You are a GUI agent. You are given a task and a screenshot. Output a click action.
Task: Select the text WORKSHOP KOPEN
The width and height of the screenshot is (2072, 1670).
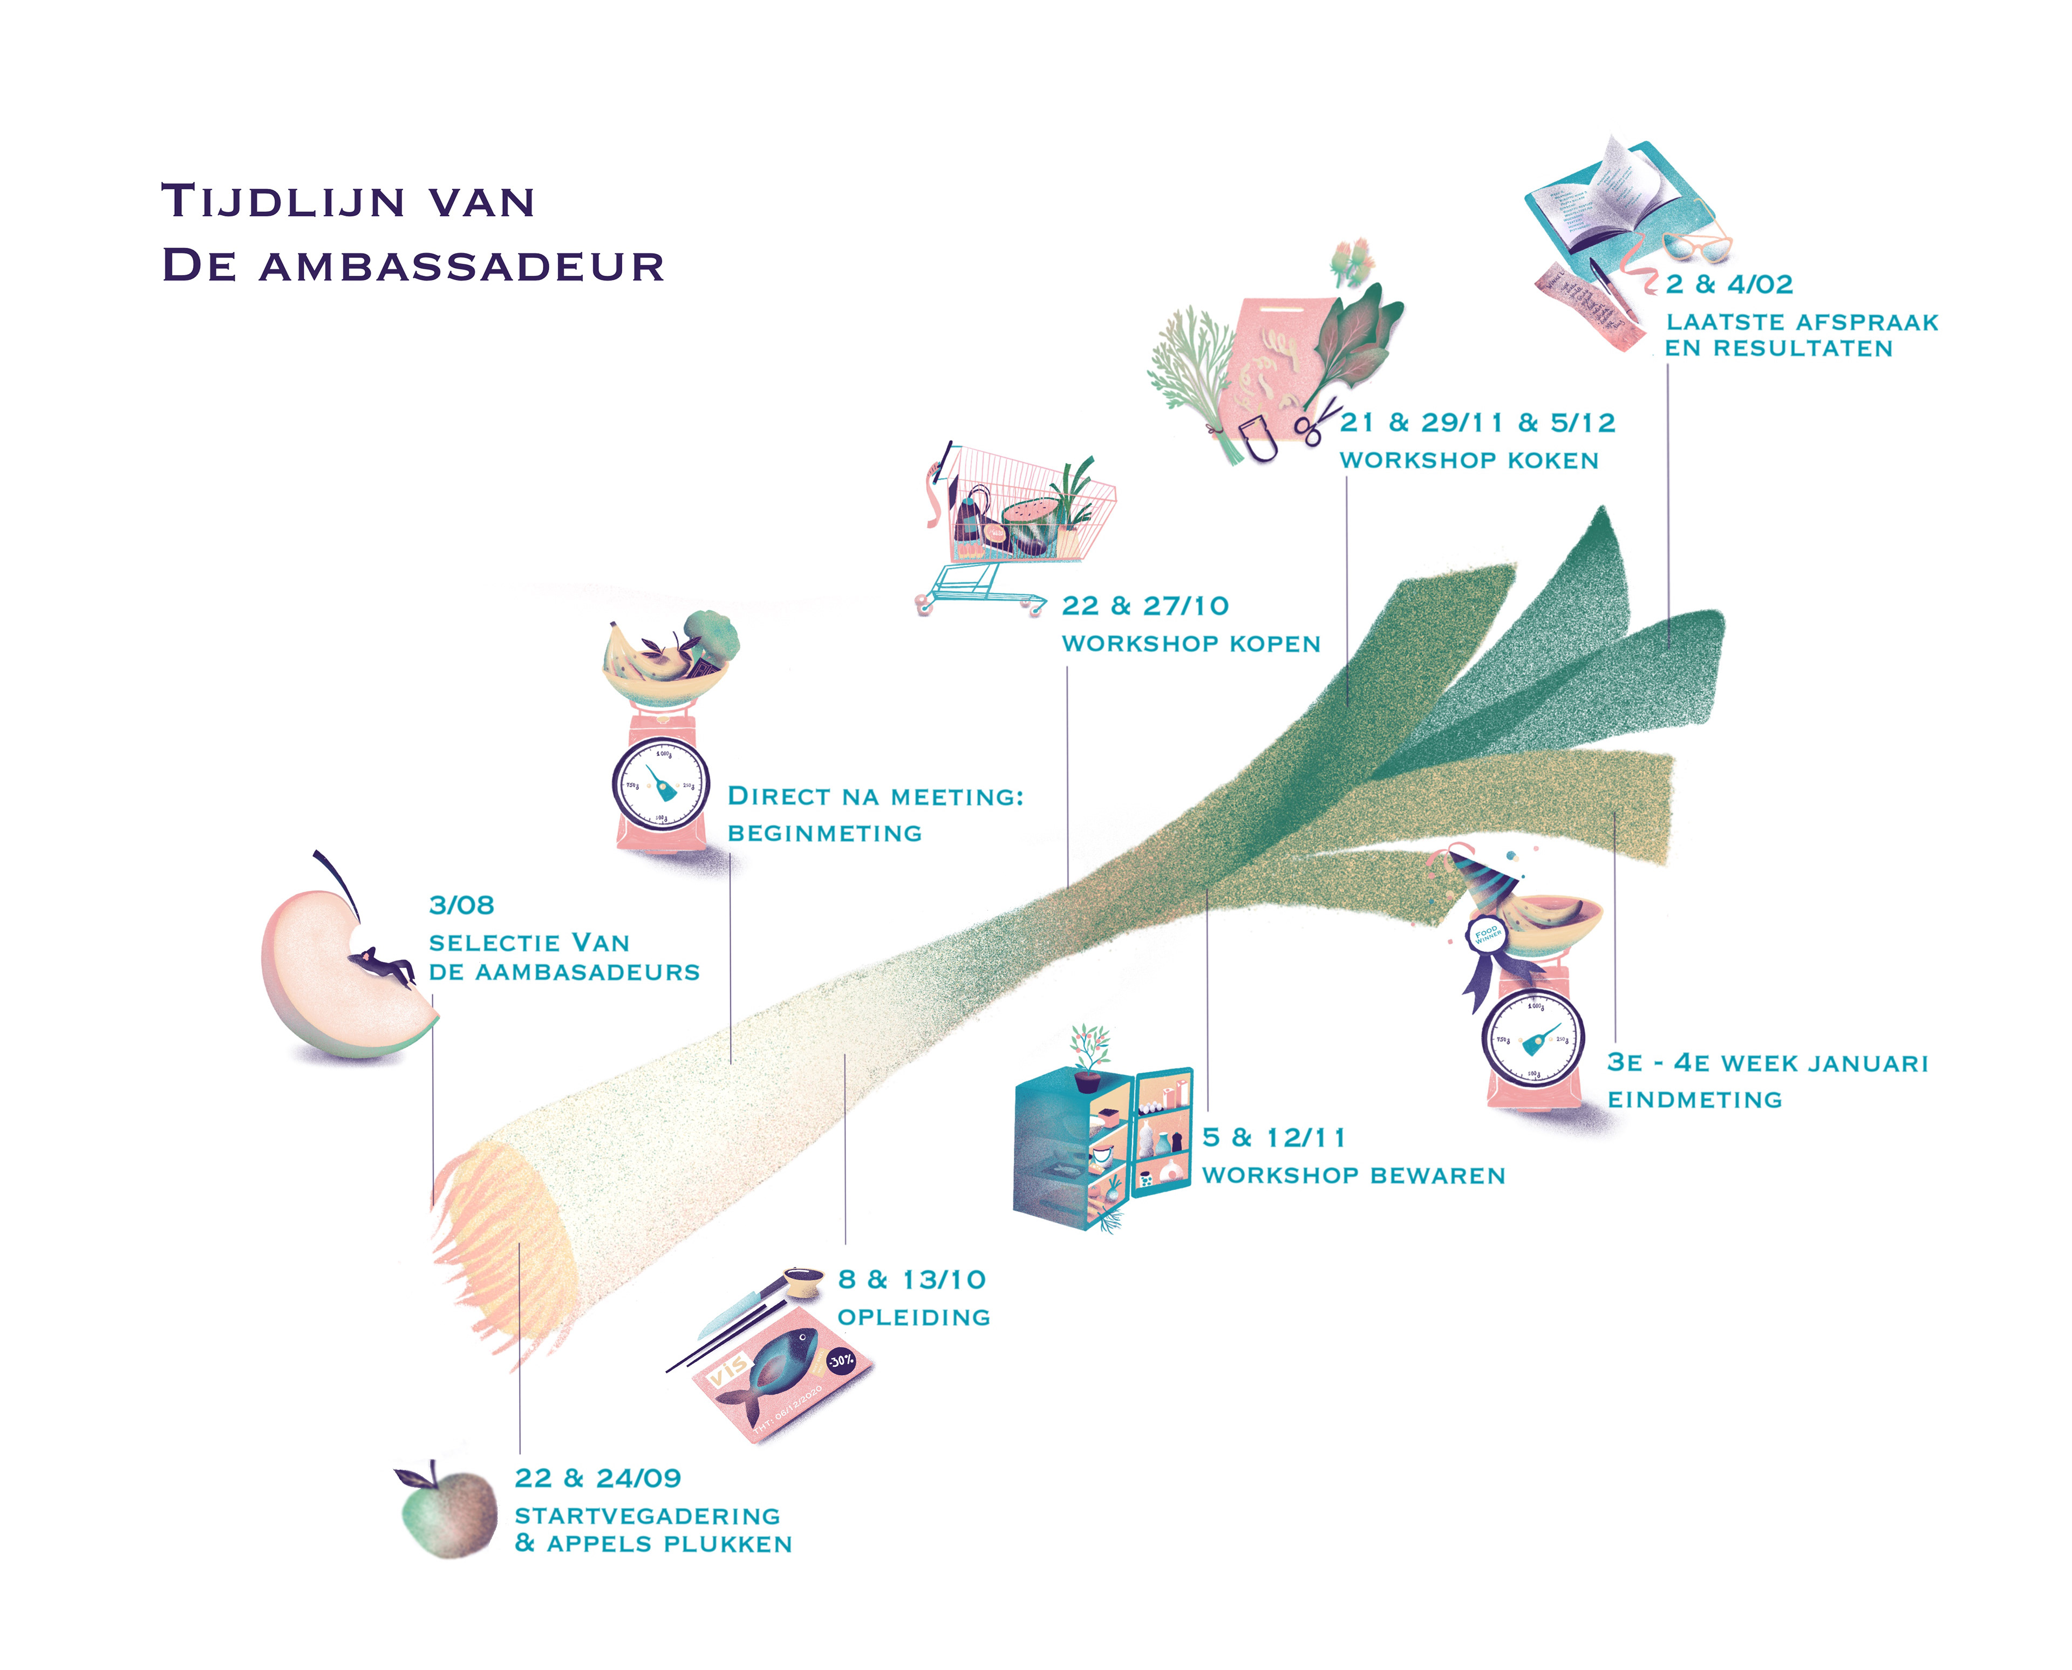point(1191,644)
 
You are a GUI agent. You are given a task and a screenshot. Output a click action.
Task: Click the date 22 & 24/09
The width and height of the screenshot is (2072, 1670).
point(597,1477)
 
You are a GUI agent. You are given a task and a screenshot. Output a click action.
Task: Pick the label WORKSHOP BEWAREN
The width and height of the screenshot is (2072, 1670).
point(1353,1176)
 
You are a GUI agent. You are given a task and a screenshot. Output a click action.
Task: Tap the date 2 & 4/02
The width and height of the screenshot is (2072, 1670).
point(1729,285)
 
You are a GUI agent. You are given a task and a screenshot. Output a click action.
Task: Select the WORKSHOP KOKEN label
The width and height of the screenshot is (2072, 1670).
point(1469,461)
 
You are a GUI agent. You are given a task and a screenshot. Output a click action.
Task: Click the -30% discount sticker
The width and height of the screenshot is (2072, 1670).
point(841,1360)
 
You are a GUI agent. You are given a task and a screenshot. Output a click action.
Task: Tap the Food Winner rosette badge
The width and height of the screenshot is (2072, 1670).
point(1486,934)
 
